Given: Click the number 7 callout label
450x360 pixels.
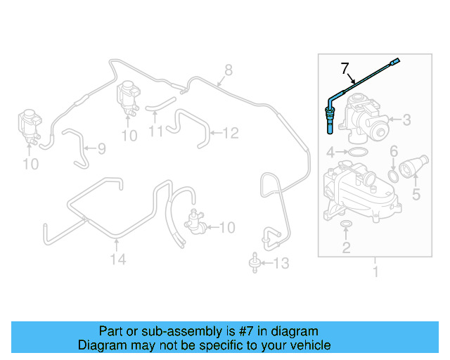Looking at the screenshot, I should pos(345,69).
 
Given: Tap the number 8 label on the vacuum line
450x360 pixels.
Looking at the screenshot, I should pos(228,70).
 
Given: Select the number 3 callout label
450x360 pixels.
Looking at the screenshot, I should pos(406,120).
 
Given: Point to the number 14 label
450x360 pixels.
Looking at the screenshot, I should pos(117,260).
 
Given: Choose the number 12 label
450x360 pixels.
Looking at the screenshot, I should pos(231,131).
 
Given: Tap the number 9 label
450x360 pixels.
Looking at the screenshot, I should pos(101,148).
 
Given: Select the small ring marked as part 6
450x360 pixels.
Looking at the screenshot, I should pos(395,174).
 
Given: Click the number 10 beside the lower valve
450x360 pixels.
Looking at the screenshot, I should pos(227,227).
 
